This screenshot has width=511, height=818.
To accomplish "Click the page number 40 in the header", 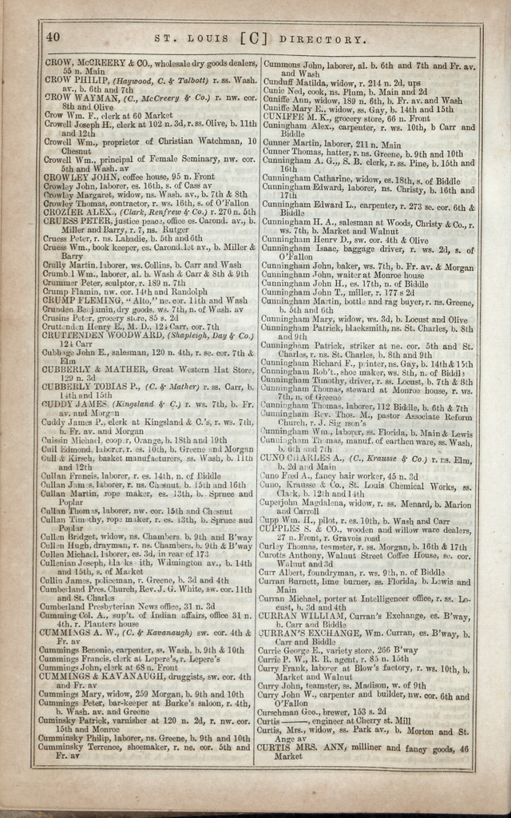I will click(x=53, y=37).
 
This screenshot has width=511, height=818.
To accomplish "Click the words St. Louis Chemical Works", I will click(x=406, y=486).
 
